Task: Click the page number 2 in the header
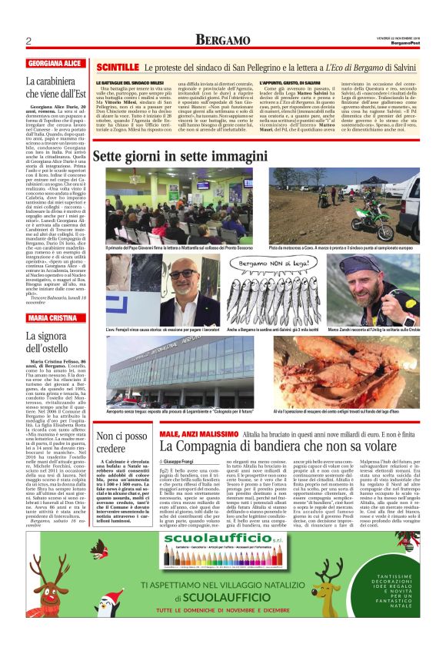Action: pyautogui.click(x=27, y=41)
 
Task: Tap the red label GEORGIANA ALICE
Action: pyautogui.click(x=55, y=63)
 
